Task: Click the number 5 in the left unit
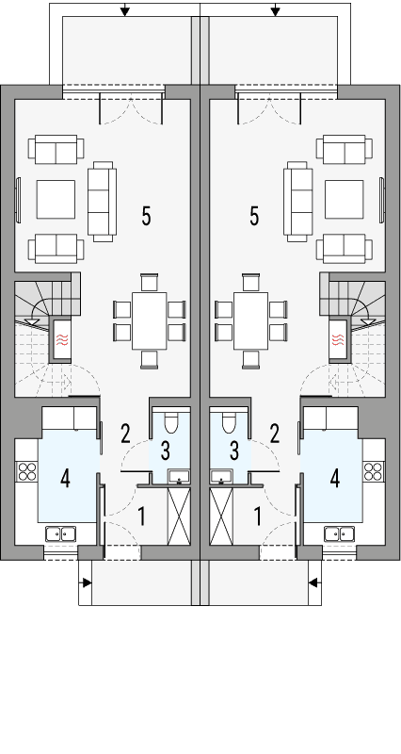coord(146,216)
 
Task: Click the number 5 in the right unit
coord(254,216)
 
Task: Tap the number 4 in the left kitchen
coord(65,479)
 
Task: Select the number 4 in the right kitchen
coord(335,479)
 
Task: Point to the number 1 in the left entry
coord(143,516)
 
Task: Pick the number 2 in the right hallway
coord(275,434)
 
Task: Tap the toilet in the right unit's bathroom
coord(228,422)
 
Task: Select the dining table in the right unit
coord(249,320)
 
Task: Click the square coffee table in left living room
coord(57,199)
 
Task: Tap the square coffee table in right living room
coord(343,199)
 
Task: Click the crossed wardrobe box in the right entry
coord(222,517)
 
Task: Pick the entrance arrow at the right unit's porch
coord(315,582)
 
